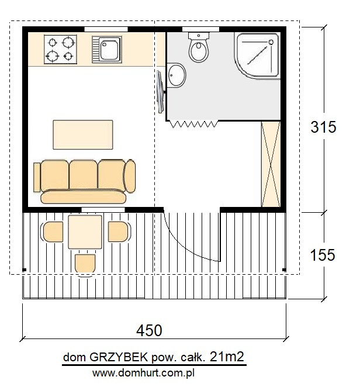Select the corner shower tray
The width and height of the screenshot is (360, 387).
(257, 56)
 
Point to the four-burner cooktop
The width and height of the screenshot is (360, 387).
(60, 49)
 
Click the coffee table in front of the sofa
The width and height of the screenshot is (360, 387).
(83, 135)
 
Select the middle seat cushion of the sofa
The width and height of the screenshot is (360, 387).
(83, 175)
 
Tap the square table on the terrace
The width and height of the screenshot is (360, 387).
(85, 232)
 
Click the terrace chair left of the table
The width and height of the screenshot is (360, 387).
(53, 231)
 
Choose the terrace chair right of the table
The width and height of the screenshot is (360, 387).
(119, 231)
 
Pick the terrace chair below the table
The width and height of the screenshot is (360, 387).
(85, 265)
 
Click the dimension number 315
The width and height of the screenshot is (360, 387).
(323, 127)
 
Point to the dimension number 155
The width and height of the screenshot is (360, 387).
(323, 255)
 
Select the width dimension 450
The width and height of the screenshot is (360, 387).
(149, 330)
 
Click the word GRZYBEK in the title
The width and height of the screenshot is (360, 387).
(119, 357)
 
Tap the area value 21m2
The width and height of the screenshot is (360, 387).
(227, 357)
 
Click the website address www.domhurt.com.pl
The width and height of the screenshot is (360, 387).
(143, 373)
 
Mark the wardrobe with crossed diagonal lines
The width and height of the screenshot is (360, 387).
(271, 164)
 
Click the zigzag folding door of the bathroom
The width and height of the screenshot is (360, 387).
(194, 124)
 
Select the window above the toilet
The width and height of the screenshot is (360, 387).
(200, 29)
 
